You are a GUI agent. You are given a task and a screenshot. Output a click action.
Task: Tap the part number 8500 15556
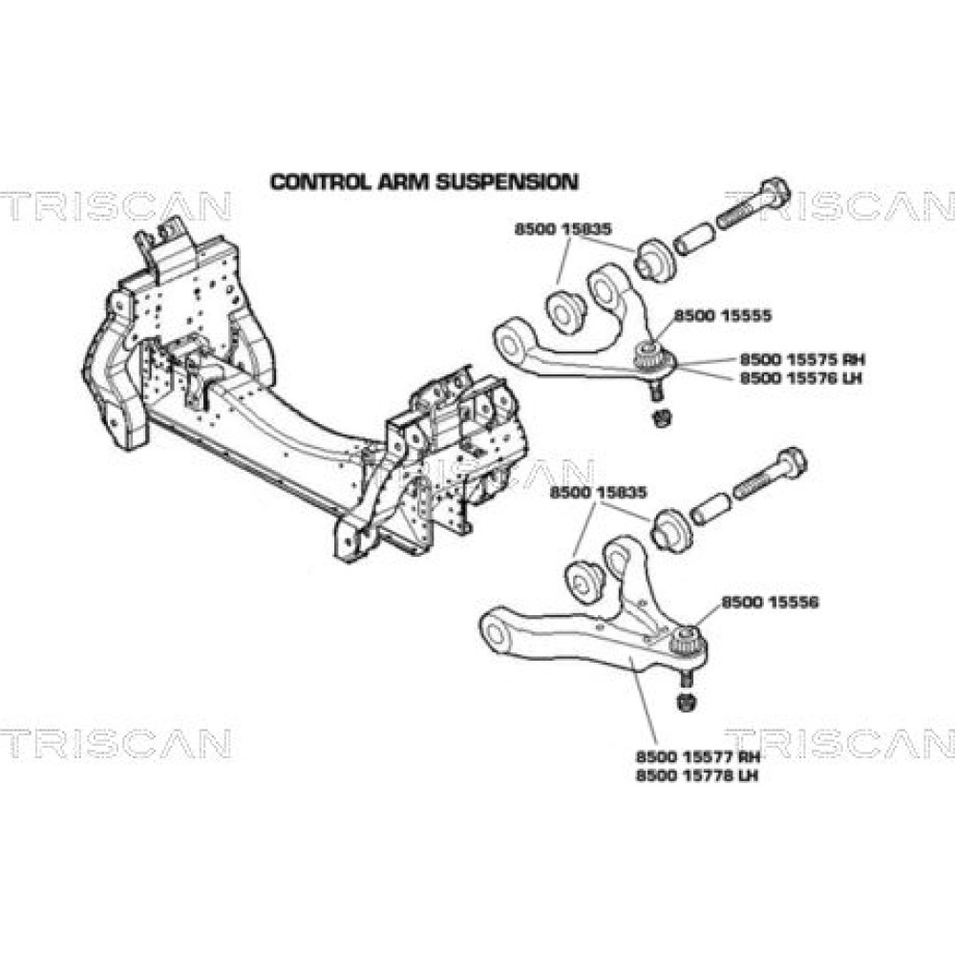771,603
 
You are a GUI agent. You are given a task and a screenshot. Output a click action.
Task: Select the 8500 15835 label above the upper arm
562,229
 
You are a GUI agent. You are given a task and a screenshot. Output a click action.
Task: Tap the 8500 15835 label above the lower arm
598,492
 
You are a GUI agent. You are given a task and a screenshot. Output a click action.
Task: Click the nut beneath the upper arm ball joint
657,417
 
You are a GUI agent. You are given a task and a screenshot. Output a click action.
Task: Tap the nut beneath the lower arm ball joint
685,704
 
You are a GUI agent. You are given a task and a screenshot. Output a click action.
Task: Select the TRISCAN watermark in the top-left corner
115,205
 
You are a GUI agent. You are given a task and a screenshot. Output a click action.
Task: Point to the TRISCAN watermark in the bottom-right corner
840,742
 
